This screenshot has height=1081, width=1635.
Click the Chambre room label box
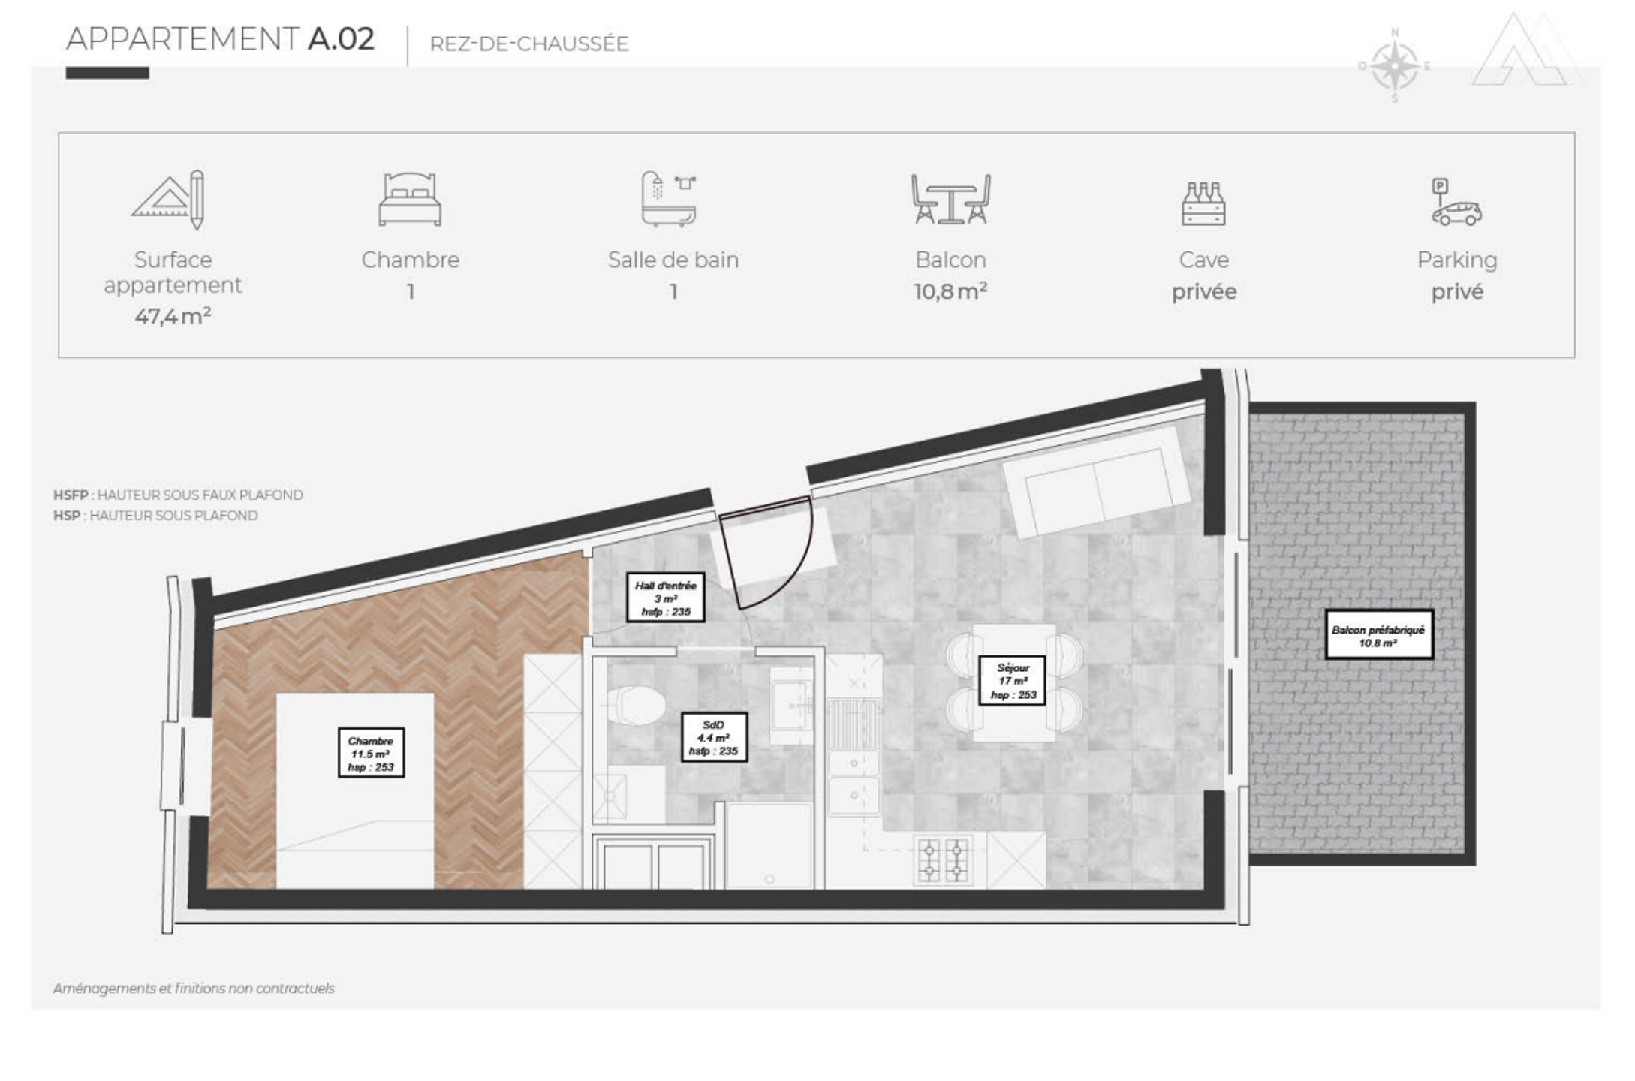click(x=371, y=752)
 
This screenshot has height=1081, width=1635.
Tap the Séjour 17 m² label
click(x=1012, y=680)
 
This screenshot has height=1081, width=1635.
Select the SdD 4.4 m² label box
click(x=714, y=737)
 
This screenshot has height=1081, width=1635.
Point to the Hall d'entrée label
click(x=665, y=598)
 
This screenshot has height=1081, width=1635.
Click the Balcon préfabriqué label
click(x=1378, y=635)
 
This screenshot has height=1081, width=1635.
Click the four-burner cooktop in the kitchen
click(x=943, y=860)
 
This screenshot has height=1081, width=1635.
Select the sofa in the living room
click(x=1096, y=482)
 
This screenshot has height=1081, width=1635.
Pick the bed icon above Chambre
click(x=410, y=199)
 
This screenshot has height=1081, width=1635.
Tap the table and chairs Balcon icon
click(x=950, y=199)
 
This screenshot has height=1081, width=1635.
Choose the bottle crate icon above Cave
click(x=1203, y=203)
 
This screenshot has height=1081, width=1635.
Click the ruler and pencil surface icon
click(x=169, y=200)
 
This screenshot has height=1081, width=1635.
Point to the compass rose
click(x=1395, y=66)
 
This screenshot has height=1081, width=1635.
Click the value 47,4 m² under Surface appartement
click(x=173, y=316)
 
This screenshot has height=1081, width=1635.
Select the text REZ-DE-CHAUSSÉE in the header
click(x=529, y=44)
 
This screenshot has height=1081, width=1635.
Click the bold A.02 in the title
click(x=342, y=39)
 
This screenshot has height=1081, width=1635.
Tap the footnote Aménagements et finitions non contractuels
click(x=194, y=989)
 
